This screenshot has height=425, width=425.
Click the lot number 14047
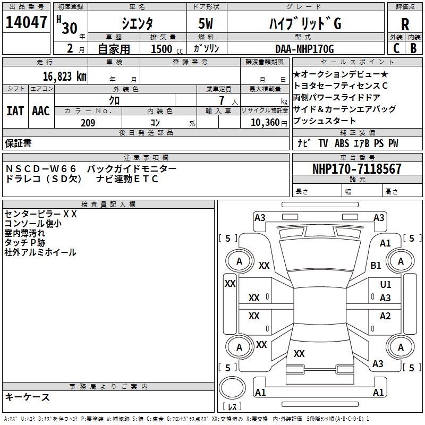(x=26, y=23)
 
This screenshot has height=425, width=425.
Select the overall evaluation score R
(x=405, y=24)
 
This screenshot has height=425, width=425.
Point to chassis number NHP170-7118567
(x=357, y=169)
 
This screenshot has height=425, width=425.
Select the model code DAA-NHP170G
(x=304, y=48)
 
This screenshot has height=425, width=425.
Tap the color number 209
(x=88, y=123)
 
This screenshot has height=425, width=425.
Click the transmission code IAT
(x=15, y=111)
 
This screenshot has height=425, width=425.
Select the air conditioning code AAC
(x=40, y=111)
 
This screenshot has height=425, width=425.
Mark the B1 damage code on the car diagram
(x=376, y=265)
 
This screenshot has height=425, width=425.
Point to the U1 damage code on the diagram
(x=386, y=285)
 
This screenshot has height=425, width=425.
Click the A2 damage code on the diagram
(x=385, y=316)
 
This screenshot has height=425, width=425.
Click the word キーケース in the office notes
(x=27, y=397)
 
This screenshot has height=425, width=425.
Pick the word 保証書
(x=18, y=143)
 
